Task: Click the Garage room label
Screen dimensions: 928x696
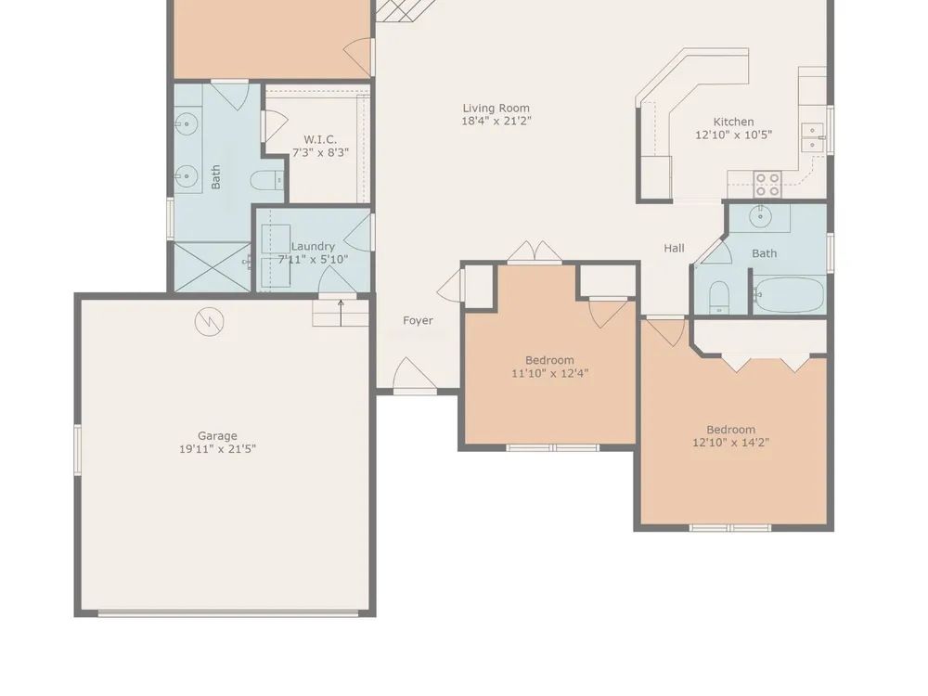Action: pyautogui.click(x=217, y=436)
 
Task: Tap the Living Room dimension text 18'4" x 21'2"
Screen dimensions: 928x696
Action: pyautogui.click(x=496, y=122)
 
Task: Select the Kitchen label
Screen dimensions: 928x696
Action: pyautogui.click(x=733, y=122)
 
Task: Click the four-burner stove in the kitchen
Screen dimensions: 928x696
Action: pyautogui.click(x=767, y=184)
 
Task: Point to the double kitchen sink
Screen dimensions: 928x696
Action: pyautogui.click(x=814, y=138)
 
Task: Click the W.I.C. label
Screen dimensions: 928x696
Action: pyautogui.click(x=320, y=140)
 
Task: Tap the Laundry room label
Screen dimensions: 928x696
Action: pyautogui.click(x=313, y=246)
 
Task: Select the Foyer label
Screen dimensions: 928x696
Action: pyautogui.click(x=418, y=320)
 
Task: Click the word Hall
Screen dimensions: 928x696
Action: pyautogui.click(x=674, y=248)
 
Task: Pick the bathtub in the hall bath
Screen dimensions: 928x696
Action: pyautogui.click(x=789, y=295)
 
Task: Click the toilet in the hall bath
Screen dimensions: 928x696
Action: pyautogui.click(x=719, y=297)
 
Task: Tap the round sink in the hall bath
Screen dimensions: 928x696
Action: pyautogui.click(x=760, y=217)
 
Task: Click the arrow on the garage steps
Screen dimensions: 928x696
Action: pyautogui.click(x=341, y=313)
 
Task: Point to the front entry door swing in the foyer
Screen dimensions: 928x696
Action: pyautogui.click(x=414, y=374)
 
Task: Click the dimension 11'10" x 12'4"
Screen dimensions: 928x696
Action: pyautogui.click(x=549, y=373)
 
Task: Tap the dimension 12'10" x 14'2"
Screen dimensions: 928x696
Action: pyautogui.click(x=731, y=443)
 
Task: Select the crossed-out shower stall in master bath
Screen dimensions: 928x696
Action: pyautogui.click(x=212, y=267)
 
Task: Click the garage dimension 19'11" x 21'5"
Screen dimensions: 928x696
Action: pyautogui.click(x=217, y=449)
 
